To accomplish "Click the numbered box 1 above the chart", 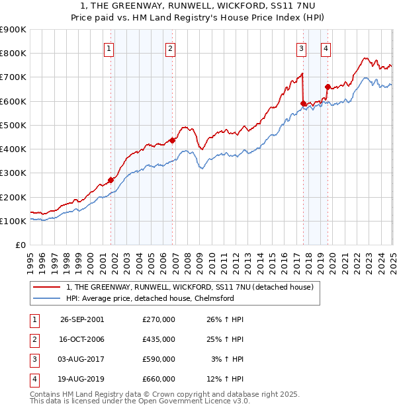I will point(108,48).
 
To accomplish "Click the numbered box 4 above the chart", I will point(326,48).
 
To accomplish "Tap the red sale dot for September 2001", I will point(110,180).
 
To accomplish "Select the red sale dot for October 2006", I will point(172,140).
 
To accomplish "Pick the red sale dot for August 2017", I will point(303,103).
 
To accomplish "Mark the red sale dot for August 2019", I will point(328,87).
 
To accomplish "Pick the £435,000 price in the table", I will point(159,339).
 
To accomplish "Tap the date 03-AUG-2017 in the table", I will point(82,360).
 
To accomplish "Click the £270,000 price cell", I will point(159,319).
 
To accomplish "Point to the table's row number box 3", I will point(34,360).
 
